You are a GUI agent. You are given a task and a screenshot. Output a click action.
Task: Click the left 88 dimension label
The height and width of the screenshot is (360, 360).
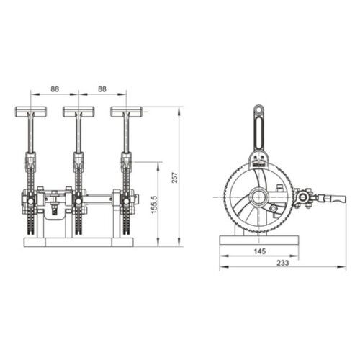pos(54,90)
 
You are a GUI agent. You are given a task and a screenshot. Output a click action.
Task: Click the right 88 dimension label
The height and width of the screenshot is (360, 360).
pos(102,90)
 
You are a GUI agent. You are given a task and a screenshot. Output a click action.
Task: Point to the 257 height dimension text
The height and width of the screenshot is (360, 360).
pos(174,177)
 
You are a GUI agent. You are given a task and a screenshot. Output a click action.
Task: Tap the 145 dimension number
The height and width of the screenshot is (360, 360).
pos(258,251)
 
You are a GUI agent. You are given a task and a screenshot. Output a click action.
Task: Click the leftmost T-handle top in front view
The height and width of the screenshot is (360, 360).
pos(30,112)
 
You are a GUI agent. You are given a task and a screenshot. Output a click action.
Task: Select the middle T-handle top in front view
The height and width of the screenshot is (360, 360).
pos(78,112)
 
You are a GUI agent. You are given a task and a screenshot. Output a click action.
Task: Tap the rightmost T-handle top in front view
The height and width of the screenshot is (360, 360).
pos(125,112)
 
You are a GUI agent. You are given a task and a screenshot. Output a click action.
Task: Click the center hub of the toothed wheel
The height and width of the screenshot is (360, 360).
pos(258,197)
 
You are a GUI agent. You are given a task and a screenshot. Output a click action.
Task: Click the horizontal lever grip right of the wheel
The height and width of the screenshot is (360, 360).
pos(333,197)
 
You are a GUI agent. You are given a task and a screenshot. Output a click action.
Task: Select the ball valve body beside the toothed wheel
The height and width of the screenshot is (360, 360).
pos(304,197)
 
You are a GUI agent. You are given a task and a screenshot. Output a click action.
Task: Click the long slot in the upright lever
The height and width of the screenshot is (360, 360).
pos(258,133)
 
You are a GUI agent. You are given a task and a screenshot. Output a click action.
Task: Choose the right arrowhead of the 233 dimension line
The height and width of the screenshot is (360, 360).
pos(344,269)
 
